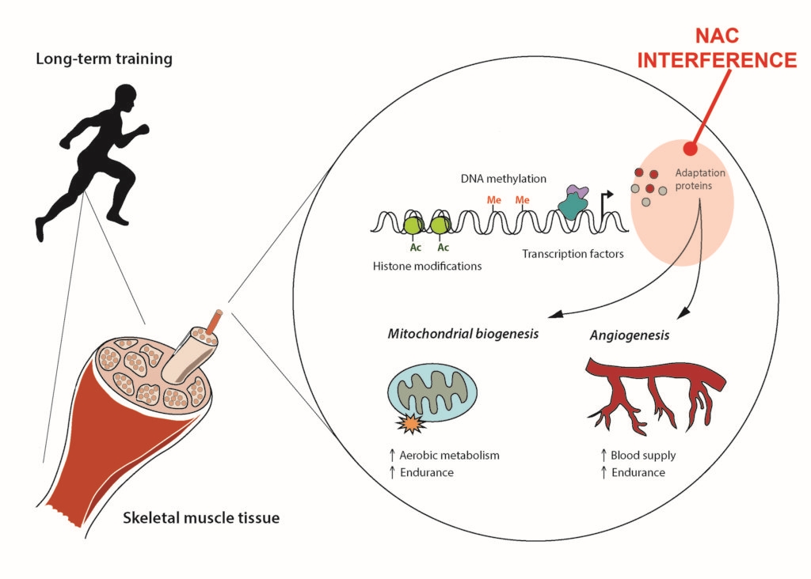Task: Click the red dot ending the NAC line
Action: click(690, 148)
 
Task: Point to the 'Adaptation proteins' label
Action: click(700, 180)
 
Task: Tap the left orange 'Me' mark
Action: click(494, 200)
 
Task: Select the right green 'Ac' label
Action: click(444, 248)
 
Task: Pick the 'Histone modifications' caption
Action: click(427, 266)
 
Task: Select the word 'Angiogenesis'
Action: click(630, 335)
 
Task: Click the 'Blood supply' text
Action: click(642, 456)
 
